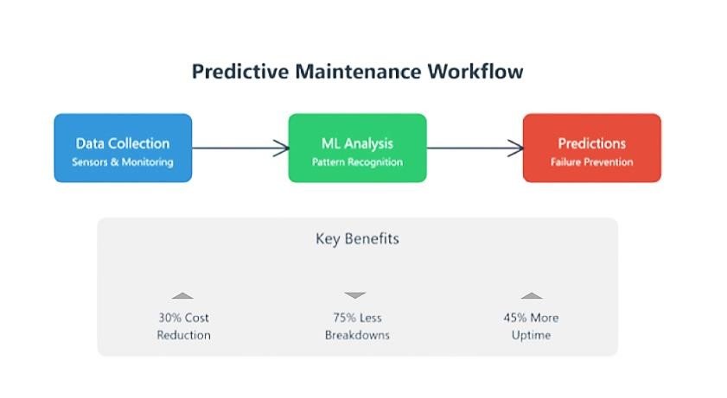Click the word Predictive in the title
click(240, 73)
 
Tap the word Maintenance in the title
click(358, 72)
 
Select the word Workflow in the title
click(475, 72)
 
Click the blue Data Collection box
click(123, 148)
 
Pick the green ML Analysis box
click(358, 148)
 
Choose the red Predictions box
click(592, 148)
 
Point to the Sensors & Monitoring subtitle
click(123, 162)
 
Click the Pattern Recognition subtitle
click(358, 162)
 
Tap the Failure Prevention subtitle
click(591, 162)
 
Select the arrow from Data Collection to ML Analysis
click(240, 148)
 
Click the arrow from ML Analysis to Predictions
click(475, 148)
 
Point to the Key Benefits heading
click(358, 239)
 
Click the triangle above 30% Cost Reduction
click(182, 296)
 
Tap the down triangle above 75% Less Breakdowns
click(355, 294)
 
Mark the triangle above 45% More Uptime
click(532, 296)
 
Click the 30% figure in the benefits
click(170, 318)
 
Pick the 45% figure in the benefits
click(515, 318)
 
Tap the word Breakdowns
click(358, 335)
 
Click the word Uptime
click(532, 336)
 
